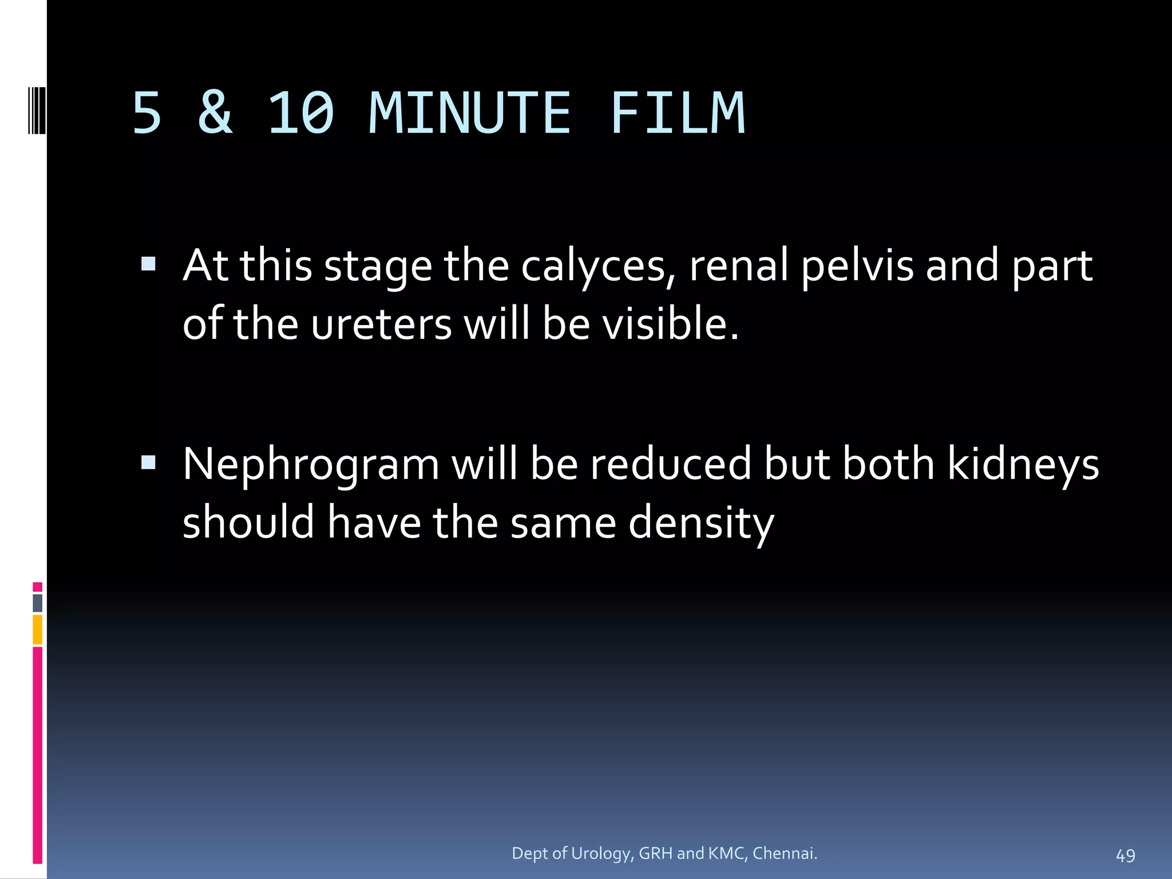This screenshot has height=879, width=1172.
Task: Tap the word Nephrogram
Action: point(311,464)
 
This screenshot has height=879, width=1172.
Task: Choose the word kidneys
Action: point(1023,464)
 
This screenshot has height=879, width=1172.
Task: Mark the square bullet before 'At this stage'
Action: point(148,264)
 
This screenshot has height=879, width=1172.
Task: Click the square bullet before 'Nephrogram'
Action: point(148,462)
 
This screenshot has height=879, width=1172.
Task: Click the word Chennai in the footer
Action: point(785,854)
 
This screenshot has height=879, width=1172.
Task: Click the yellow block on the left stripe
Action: point(38,629)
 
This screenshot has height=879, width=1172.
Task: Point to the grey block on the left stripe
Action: point(38,603)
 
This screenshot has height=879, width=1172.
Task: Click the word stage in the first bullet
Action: point(378,267)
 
